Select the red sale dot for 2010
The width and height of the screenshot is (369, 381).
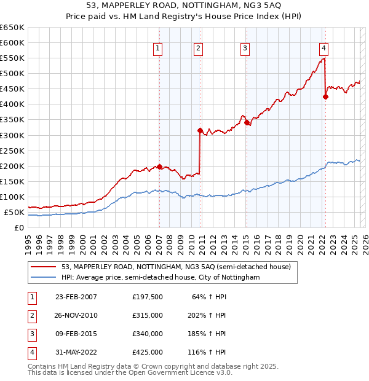pos(200,130)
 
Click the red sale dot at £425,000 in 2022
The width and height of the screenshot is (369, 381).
pos(325,96)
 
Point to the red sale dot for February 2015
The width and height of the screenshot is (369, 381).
pos(246,122)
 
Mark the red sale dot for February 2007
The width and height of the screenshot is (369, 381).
pos(159,167)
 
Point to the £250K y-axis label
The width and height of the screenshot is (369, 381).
pos(12,151)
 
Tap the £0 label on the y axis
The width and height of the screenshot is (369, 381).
pos(18,227)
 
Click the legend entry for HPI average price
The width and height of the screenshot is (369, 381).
pos(161,278)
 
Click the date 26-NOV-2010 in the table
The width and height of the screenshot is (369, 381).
pos(76,315)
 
